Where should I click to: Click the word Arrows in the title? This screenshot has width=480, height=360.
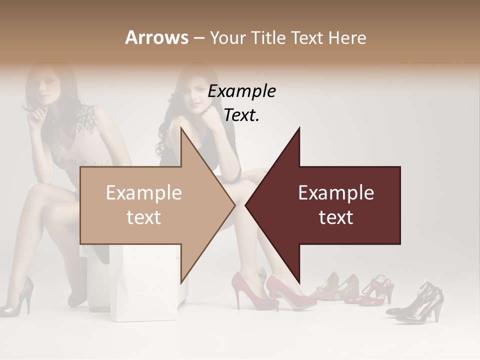coord(156,37)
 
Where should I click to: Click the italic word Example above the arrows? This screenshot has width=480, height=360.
coord(241,91)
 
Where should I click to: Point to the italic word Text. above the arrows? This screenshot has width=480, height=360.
coord(241,115)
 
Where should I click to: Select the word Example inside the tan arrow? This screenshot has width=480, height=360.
coord(144,193)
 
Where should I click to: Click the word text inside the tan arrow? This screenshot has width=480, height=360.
coord(144,217)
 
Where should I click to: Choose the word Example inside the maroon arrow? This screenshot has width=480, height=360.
coord(336,193)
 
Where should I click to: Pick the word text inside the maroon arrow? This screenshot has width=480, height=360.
coord(336,217)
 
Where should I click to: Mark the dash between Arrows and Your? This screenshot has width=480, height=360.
coord(198,38)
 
